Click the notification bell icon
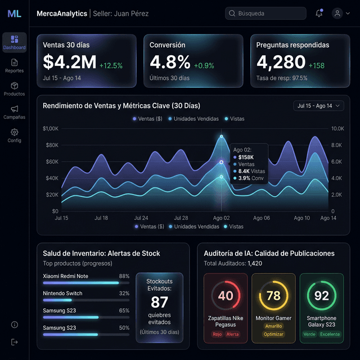coord(319,13)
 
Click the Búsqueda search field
coord(265,13)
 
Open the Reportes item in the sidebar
coord(14,66)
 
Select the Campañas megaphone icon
coord(15,109)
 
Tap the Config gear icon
coord(15,132)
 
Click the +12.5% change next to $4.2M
coord(111,66)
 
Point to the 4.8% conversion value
coord(170,62)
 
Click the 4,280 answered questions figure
coord(281,62)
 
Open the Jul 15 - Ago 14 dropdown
coord(318,106)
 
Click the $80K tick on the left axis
coord(52,145)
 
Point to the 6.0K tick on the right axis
coord(336,161)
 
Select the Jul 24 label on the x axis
coord(141,218)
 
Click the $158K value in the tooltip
coord(246,157)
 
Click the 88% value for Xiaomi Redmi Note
coord(124,276)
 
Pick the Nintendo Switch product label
coord(62,294)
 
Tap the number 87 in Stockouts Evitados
coord(159,302)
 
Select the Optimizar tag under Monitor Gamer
coord(273,334)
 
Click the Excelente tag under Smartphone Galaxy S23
coord(330,334)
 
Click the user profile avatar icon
coord(337,13)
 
